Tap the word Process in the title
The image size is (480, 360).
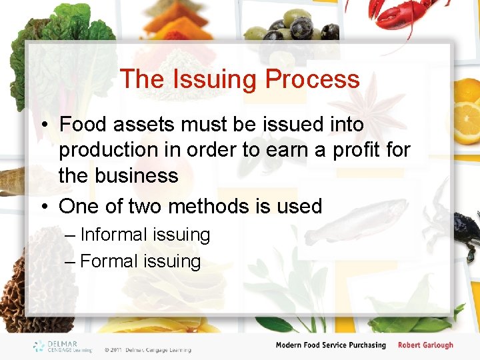point(313,79)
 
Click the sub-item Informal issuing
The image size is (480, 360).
point(145,235)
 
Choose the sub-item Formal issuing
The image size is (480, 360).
point(140,261)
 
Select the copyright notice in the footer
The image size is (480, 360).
point(147,349)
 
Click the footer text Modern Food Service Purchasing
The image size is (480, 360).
point(331,345)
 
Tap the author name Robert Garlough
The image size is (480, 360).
point(425,345)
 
